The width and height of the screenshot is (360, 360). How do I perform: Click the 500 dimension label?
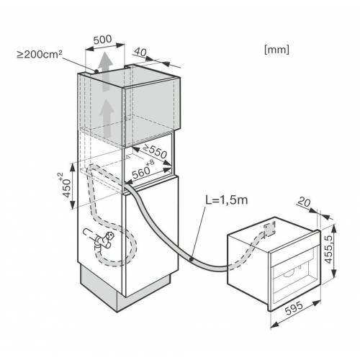pos(103,40)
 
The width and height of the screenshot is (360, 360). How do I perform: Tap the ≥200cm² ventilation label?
pos(40,55)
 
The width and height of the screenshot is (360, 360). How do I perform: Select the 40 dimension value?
pos(140,52)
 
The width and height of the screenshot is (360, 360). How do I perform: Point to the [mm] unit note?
pos(276,50)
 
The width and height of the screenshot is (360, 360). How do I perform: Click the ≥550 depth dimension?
pos(155,151)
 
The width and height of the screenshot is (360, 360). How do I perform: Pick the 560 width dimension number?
pos(141,173)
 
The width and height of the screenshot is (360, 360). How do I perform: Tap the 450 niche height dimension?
pos(67,188)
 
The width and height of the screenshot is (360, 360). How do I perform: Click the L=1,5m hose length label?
pos(227,200)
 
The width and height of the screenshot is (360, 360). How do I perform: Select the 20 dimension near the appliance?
pos(304,202)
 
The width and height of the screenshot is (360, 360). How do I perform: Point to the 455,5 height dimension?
pos(328,249)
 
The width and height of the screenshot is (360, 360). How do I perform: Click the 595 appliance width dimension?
pos(294,308)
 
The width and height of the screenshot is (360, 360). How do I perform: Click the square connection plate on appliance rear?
pos(269,229)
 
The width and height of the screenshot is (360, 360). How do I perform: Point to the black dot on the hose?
pos(192,259)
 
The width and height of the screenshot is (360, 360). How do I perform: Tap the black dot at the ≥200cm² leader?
pos(96,71)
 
